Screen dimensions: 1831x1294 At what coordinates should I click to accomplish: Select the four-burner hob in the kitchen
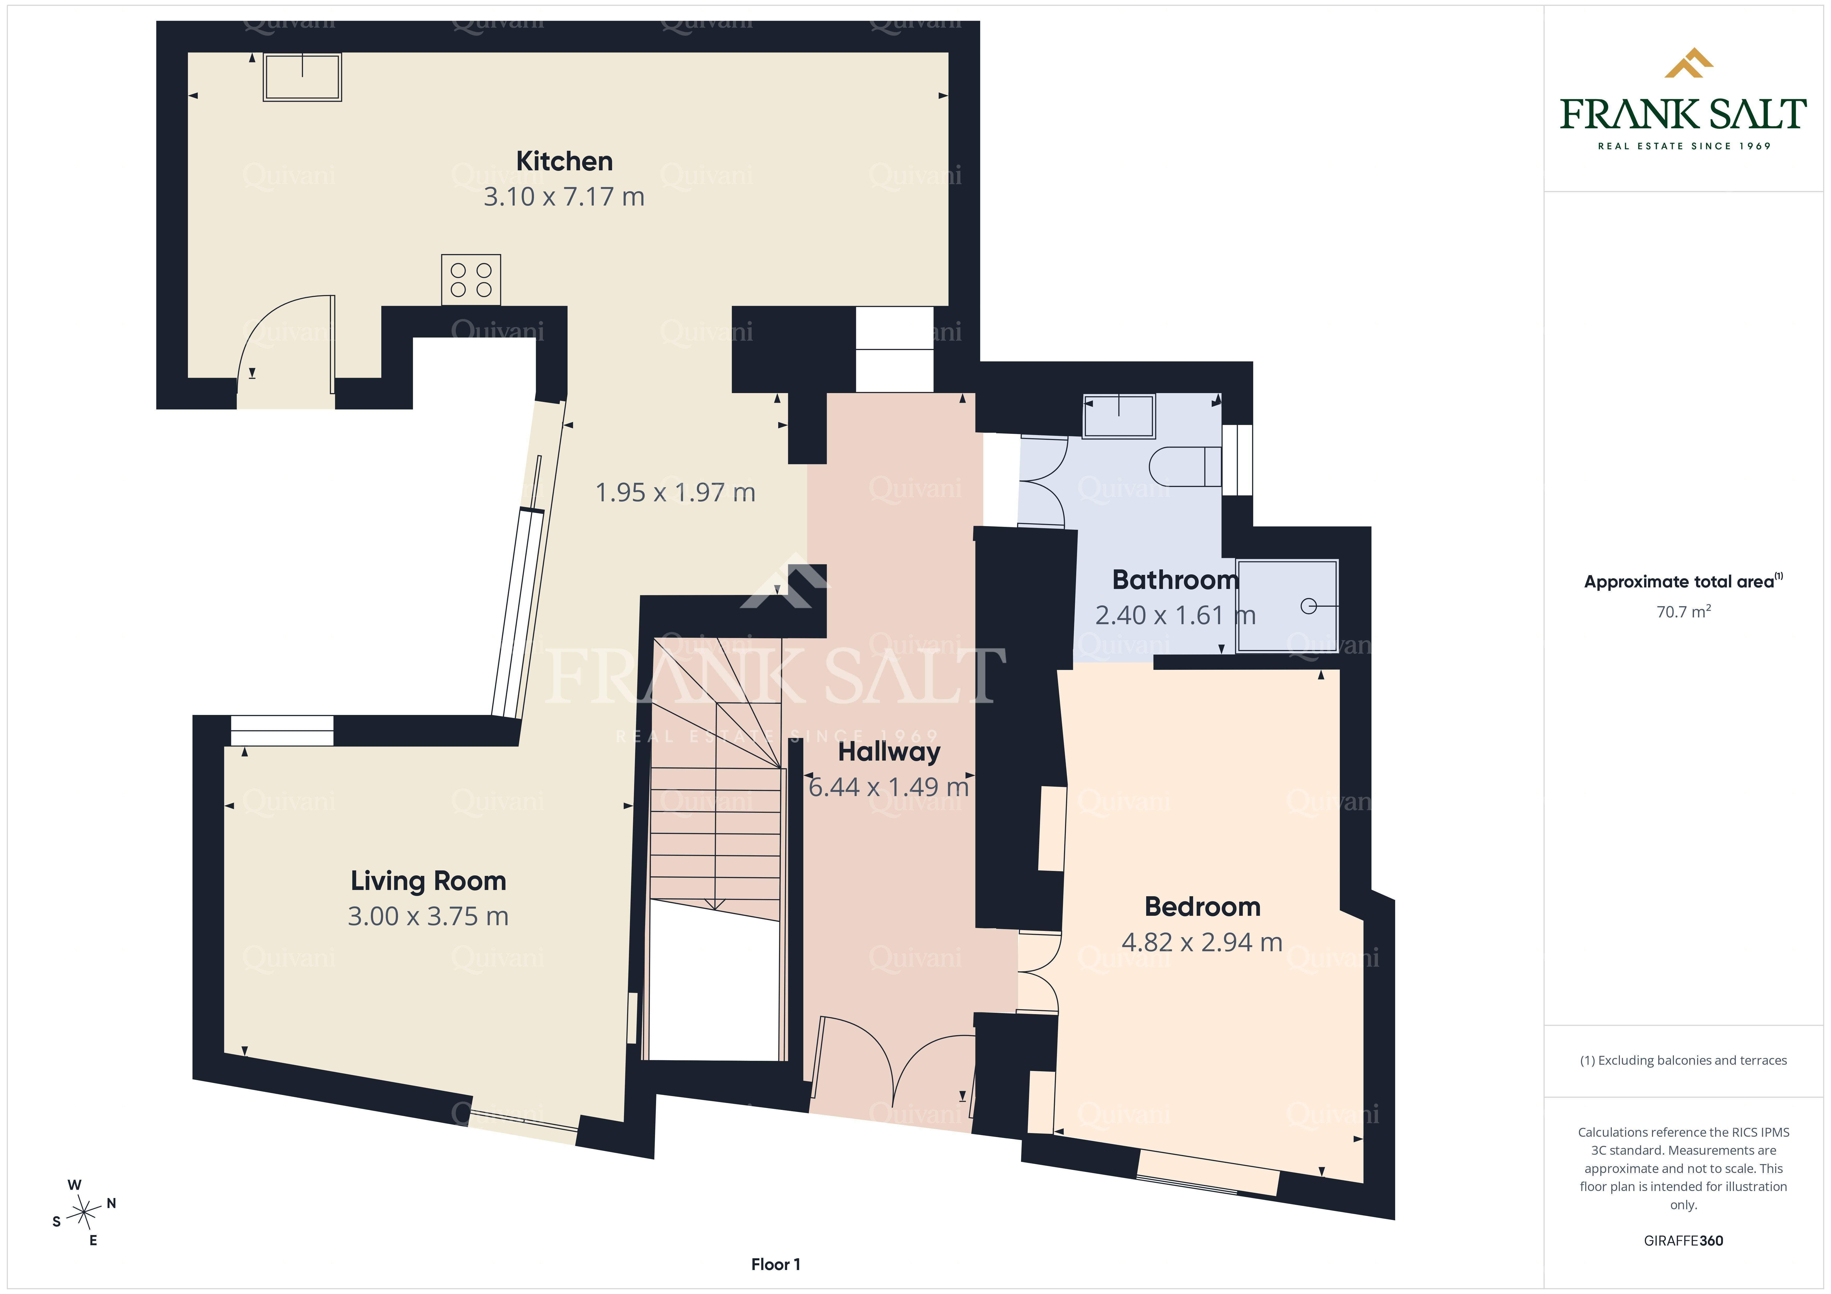(471, 280)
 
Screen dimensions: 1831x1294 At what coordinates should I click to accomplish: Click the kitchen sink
(302, 77)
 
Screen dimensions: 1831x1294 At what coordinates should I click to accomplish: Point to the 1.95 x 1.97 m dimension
(675, 493)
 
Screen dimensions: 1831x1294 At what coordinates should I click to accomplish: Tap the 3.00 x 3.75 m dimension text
(428, 916)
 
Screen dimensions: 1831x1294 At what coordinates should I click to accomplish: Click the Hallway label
(889, 752)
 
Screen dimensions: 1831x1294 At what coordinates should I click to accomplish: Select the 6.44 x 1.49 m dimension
(888, 787)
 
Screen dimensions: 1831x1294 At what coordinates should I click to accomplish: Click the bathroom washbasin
(1119, 416)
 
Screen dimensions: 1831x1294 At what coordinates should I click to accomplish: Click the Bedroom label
(1203, 906)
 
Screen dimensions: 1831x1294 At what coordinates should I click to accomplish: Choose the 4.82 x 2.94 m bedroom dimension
(1202, 942)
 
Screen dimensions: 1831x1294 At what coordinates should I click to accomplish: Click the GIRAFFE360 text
(1684, 1241)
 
